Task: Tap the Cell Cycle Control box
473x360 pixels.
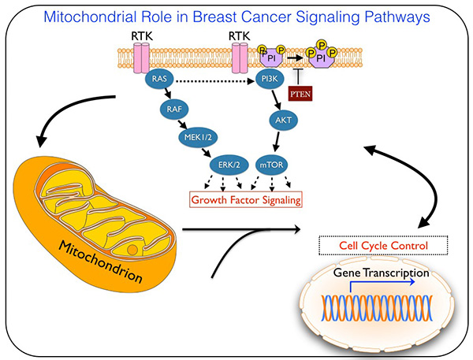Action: coord(382,246)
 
